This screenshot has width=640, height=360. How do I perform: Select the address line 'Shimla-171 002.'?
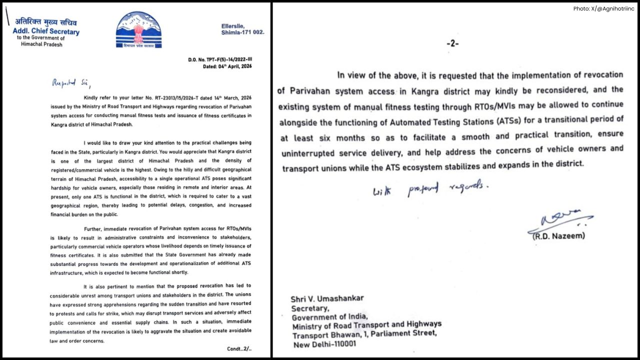pos(242,32)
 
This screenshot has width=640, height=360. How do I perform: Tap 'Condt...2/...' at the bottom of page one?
pos(239,348)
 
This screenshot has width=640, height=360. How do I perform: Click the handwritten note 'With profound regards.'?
pos(429,189)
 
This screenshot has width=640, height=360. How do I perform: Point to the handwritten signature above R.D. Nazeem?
pos(557,219)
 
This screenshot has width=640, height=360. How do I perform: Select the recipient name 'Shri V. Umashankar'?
pos(327,299)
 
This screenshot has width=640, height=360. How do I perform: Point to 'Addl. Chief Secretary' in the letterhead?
pos(46,32)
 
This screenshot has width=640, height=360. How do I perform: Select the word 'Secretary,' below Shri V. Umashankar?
pos(310,308)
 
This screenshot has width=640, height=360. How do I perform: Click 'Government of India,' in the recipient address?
pos(329,317)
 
